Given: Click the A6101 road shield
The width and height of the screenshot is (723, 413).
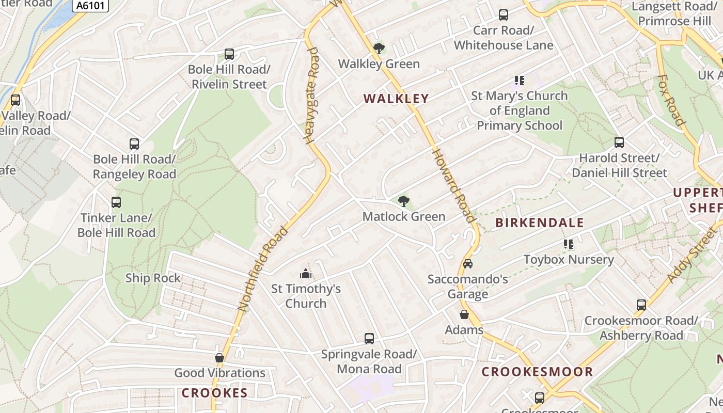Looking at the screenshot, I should pos(91,6).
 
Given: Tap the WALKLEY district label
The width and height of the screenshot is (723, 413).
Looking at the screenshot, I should pos(396,99).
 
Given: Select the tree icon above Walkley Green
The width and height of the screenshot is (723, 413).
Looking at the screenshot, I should pos(379,49).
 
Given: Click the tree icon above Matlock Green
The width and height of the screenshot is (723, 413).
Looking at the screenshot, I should pos(403,201).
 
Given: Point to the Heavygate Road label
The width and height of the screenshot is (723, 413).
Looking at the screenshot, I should pos(312,96).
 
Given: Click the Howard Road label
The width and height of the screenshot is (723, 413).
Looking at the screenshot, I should pos(453,185).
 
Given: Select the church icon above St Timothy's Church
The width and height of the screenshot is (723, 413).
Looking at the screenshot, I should pos(306,273).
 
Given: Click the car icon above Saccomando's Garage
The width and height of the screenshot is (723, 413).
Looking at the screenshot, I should pos(467,264).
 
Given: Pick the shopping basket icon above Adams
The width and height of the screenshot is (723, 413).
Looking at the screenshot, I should pos(464,314).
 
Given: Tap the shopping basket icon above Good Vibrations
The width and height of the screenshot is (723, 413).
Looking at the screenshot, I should pos(219,357).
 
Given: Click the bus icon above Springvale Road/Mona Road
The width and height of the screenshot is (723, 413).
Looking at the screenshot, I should pos(369,339).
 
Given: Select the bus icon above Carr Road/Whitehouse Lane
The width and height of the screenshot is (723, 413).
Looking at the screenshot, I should pos(503,15).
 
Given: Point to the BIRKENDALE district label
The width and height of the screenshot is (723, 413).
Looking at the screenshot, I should pos(540,223).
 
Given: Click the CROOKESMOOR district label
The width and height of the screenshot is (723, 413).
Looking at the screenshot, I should pos(537,372).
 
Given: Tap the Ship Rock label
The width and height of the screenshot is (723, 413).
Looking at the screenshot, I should pos(153,278).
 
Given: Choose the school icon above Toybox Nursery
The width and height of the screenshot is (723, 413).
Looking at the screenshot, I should pos(569,244).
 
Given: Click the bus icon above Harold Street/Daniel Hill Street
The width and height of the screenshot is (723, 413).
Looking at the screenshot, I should pos(619,142).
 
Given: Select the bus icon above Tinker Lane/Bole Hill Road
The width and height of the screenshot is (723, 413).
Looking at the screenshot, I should pos(116,202).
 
